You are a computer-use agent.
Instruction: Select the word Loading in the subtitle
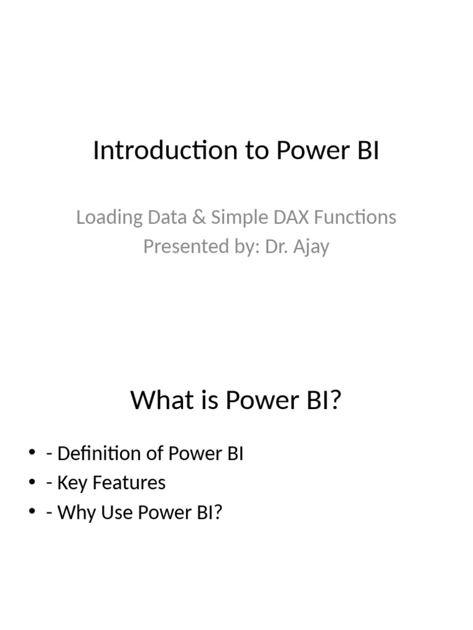click(101, 217)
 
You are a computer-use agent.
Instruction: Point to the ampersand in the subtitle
click(199, 217)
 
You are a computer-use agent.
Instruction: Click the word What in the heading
click(156, 401)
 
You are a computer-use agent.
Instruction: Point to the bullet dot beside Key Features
click(32, 484)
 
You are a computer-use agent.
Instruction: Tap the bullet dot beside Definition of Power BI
click(32, 454)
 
